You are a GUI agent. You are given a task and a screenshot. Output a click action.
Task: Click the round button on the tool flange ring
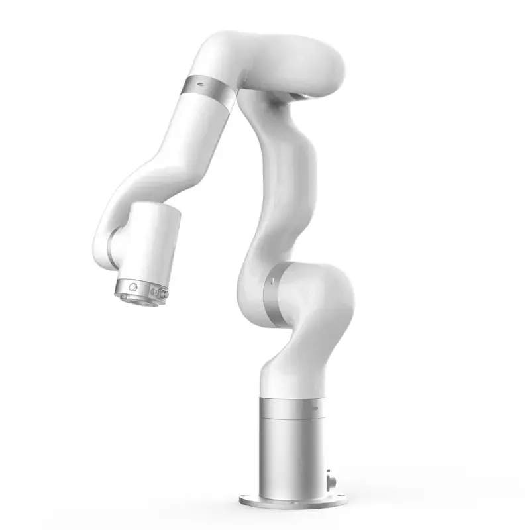134,287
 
